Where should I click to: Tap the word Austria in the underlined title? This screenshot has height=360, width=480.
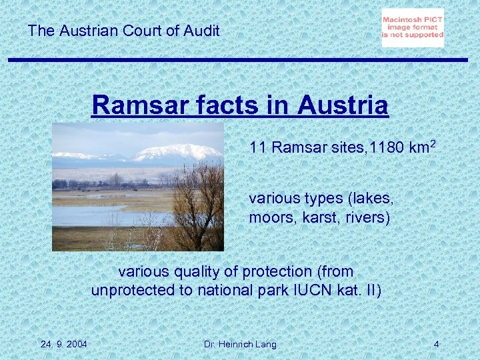point(343,105)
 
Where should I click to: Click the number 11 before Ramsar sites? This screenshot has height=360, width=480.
point(258,147)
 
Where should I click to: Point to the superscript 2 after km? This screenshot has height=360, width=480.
point(433,143)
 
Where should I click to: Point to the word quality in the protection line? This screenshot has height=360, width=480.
point(197,272)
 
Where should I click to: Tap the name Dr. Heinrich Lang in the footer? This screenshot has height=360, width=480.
point(240,344)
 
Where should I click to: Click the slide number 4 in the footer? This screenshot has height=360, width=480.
point(436,344)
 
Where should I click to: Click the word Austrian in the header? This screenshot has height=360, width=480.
point(86,30)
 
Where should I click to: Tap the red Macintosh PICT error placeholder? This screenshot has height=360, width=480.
point(413,28)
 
